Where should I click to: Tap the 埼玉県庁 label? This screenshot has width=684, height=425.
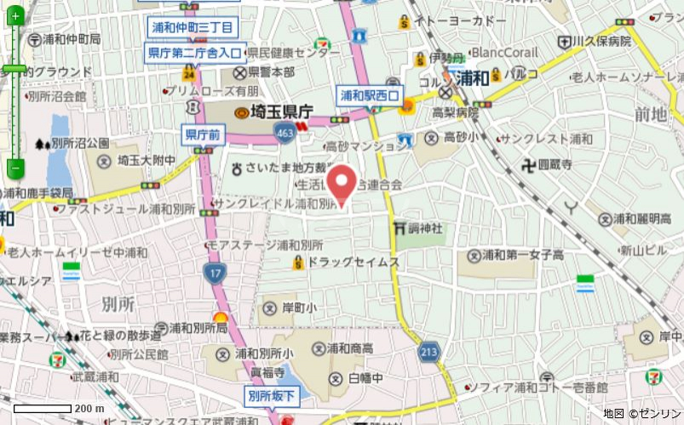click(x=275, y=112)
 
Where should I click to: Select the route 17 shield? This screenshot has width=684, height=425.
click(x=214, y=273)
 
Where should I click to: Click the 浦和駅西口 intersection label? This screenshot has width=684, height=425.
click(x=369, y=95)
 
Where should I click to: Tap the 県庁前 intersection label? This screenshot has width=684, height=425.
click(x=203, y=134)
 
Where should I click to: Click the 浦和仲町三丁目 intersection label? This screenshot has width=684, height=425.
click(x=193, y=28)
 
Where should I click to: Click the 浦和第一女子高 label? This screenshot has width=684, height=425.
click(x=522, y=255)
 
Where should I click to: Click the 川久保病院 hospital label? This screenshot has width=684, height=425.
click(x=601, y=40)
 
